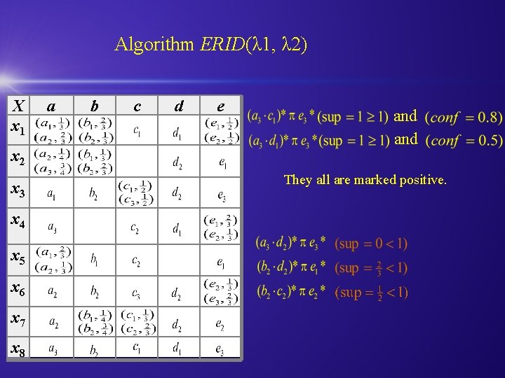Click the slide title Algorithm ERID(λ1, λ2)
(210, 45)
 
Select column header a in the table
(50, 106)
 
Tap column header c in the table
(137, 106)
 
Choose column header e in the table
(221, 106)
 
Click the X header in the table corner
(19, 106)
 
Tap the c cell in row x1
(137, 130)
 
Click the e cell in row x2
(221, 164)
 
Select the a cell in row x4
(53, 227)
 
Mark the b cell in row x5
(94, 260)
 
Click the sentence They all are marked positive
(365, 180)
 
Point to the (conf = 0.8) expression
(464, 116)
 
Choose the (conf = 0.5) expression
(464, 140)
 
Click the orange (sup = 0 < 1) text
(371, 244)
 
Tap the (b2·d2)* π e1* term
(290, 268)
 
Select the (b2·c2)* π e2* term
(290, 291)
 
